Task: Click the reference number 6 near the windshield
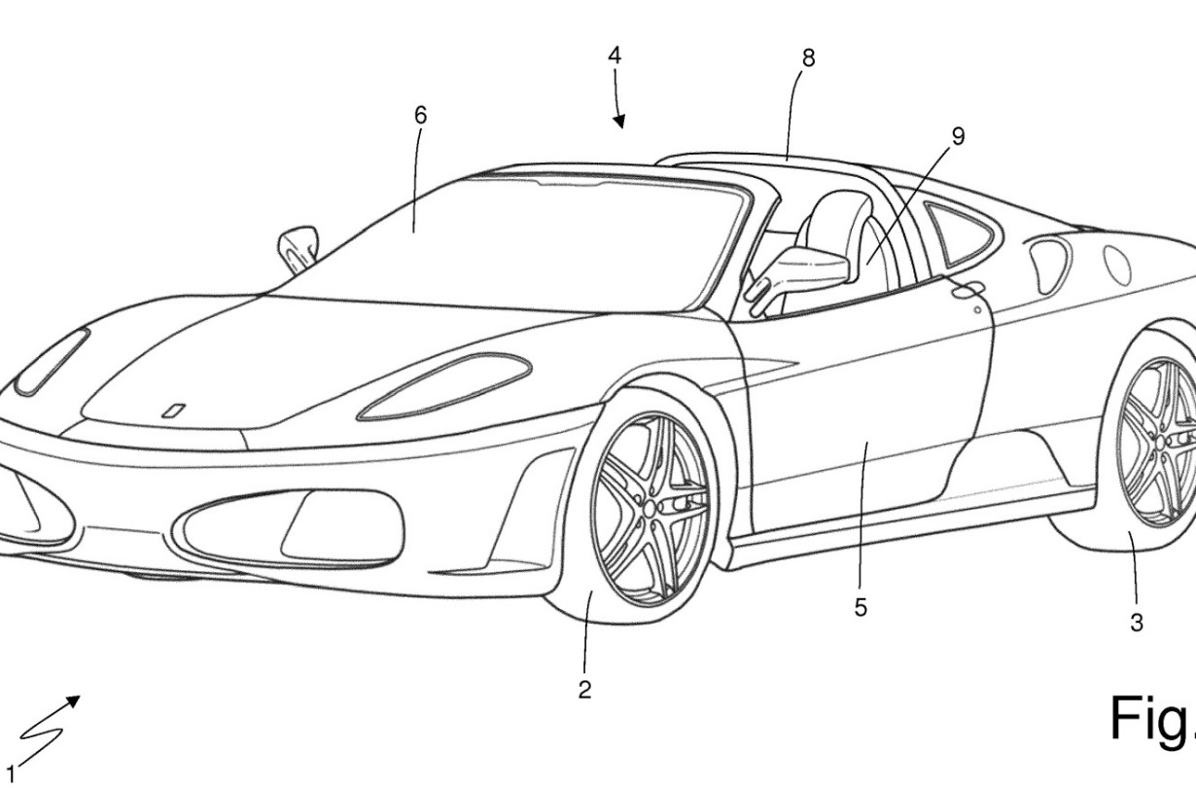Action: coord(421,116)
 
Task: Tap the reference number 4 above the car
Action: coord(615,55)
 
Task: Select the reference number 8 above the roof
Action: coord(808,58)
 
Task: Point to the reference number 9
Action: coord(959,136)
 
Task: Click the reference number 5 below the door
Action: coord(861,607)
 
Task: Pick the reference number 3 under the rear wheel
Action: coord(1136,623)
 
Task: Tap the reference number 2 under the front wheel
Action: coord(584,691)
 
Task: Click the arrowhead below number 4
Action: coord(619,123)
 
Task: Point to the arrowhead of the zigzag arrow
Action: coord(73,701)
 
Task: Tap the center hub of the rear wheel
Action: coord(1161,442)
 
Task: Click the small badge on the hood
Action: coord(173,411)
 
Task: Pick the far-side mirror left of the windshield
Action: coord(298,248)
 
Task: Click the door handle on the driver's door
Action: coord(967,291)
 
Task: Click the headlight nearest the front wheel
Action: coord(444,385)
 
